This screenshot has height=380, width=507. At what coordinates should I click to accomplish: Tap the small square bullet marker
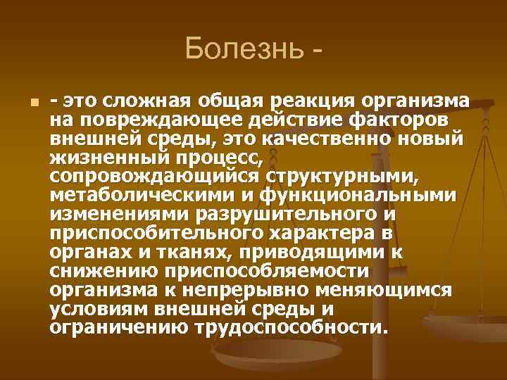[24, 103]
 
